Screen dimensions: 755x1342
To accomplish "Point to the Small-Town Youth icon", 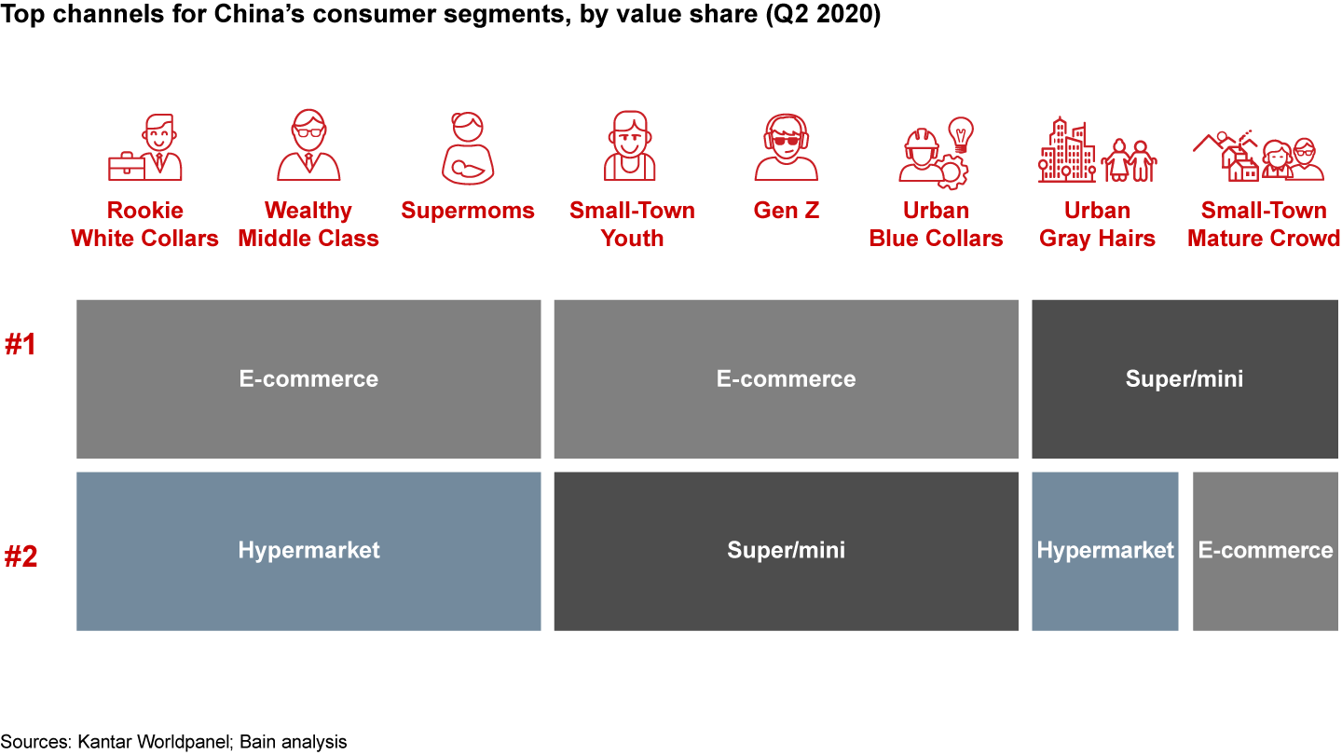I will (x=631, y=146).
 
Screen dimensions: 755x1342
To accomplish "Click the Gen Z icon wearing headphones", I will (x=786, y=147).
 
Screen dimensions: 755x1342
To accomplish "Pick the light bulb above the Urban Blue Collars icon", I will (x=960, y=133).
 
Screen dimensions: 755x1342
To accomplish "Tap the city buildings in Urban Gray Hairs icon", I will (x=1067, y=150).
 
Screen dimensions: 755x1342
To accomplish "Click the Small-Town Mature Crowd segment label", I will (x=1263, y=225).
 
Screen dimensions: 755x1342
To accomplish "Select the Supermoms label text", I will (x=468, y=211).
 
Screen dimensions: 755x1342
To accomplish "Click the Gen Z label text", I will (x=786, y=211).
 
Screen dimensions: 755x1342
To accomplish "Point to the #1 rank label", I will (x=20, y=345).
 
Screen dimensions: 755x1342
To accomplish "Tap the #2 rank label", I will (x=20, y=557).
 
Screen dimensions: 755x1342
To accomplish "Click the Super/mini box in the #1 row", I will (x=1185, y=379).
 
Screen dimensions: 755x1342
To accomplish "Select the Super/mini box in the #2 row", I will (x=786, y=551).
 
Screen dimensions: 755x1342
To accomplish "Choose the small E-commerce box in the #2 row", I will (x=1265, y=551).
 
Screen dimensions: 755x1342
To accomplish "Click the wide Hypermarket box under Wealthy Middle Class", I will (x=308, y=551).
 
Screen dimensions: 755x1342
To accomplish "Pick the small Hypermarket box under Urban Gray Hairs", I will (x=1104, y=551).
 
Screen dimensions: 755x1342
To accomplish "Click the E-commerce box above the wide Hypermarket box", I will (x=308, y=379).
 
